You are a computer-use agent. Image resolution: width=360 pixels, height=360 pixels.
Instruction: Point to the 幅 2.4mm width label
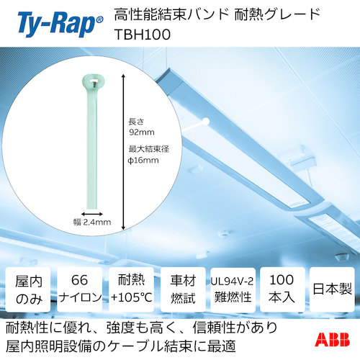point(94,222)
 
